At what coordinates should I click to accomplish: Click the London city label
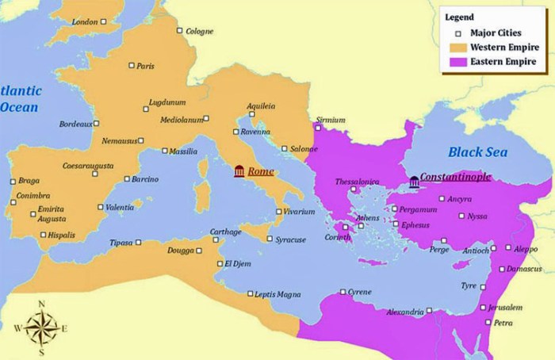click(84, 21)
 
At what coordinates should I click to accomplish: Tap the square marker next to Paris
click(132, 66)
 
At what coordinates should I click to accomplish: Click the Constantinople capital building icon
click(412, 182)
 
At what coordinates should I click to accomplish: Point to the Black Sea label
click(477, 151)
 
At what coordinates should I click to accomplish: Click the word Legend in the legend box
click(460, 16)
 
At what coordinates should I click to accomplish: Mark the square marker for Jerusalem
click(482, 308)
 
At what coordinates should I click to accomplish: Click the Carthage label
click(225, 232)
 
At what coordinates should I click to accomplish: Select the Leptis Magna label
click(277, 295)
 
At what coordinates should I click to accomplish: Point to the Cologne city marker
click(180, 32)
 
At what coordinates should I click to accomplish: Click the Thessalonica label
click(358, 182)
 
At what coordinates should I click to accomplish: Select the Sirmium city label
click(331, 120)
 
